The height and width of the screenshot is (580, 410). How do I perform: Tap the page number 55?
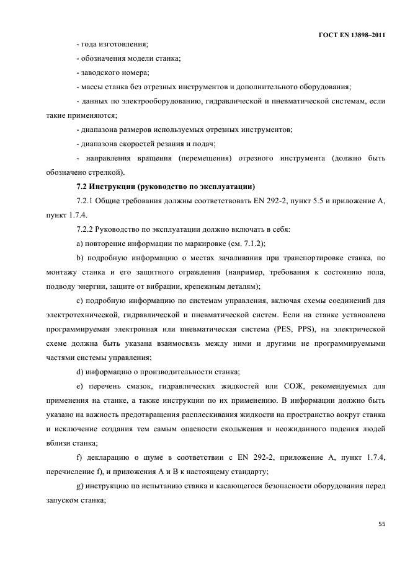click(381, 524)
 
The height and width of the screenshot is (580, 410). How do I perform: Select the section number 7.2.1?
click(84, 200)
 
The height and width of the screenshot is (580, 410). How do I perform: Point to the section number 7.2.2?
click(84, 229)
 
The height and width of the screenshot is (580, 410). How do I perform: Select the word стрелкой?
click(110, 172)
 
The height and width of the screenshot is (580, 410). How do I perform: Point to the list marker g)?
click(79, 486)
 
